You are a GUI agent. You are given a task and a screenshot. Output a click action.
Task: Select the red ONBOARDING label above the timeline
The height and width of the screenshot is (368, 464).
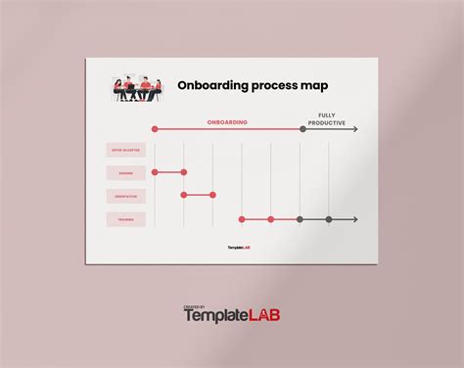227,122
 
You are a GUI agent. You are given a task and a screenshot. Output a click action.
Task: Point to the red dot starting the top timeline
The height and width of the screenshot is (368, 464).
155,129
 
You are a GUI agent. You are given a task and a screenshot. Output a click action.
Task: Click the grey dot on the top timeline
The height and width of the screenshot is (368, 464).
301,129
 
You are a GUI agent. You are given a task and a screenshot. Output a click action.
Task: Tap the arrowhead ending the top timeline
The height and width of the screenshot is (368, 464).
354,129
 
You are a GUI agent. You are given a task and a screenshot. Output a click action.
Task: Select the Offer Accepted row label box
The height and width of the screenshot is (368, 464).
126,150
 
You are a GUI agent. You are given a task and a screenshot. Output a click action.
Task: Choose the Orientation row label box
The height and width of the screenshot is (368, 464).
126,196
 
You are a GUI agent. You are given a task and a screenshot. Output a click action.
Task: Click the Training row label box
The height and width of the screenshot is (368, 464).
126,219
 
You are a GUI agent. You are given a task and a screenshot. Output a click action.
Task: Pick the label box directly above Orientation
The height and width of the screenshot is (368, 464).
126,173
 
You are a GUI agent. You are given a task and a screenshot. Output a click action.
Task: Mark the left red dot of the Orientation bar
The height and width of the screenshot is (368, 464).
183,196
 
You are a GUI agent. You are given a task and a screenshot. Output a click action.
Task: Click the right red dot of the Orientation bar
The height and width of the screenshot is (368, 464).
212,196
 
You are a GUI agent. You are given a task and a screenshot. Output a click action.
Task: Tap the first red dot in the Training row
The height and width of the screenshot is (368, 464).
242,219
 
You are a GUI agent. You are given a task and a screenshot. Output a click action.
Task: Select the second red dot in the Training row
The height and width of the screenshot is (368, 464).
271,219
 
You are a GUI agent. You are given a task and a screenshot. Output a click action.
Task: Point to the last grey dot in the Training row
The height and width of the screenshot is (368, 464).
329,219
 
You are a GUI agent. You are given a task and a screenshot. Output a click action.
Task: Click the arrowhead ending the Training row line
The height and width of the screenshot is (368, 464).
354,219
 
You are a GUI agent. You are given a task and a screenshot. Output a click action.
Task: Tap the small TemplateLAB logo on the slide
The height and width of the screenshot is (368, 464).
238,248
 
